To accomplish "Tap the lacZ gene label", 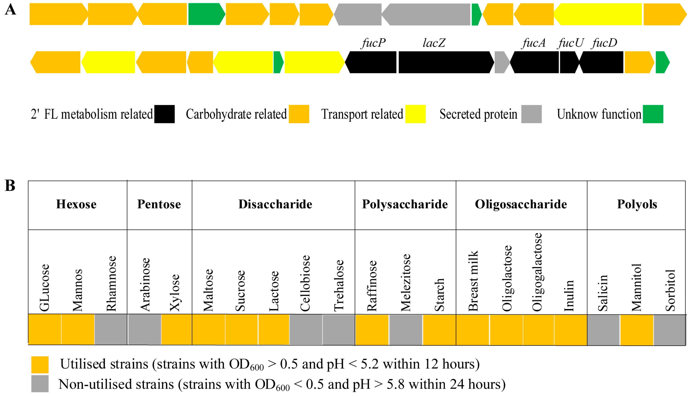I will (434, 43).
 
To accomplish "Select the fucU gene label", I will (570, 43).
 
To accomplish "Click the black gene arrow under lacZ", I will (446, 62).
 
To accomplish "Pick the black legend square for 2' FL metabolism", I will (164, 114).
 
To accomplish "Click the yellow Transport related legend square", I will (415, 114).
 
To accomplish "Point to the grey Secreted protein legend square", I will (531, 114).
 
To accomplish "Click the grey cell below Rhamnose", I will (111, 329).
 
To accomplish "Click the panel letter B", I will (10, 186).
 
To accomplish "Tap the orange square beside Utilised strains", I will (40, 365).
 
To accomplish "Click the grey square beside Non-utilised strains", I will (40, 384).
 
